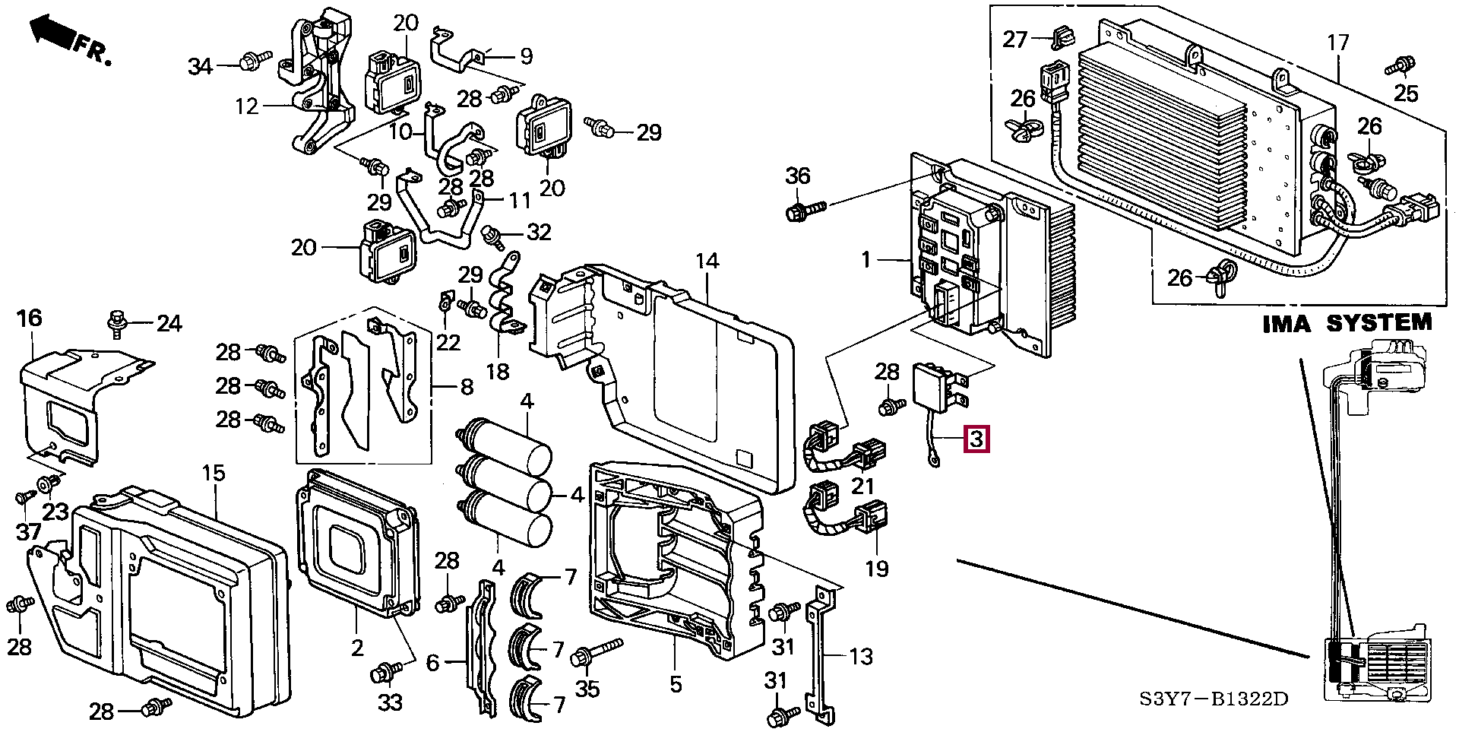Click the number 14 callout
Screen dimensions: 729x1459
click(x=707, y=261)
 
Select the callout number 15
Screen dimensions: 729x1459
click(x=214, y=474)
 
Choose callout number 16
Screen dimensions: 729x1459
click(x=30, y=318)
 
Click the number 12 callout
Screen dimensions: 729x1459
click(x=247, y=106)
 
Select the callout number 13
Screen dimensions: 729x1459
click(x=860, y=656)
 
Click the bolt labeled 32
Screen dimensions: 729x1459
click(x=495, y=236)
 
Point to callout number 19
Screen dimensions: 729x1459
click(x=878, y=568)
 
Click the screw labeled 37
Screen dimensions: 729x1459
click(x=22, y=498)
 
